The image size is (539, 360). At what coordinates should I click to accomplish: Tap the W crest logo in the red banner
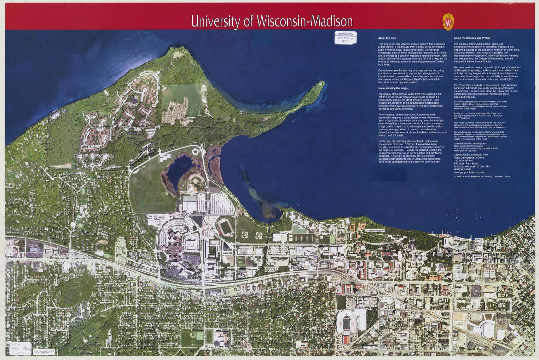pyautogui.click(x=448, y=22)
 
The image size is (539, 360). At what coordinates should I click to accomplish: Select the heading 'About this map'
pyautogui.click(x=387, y=38)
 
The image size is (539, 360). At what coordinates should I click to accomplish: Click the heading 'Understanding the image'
pyautogui.click(x=393, y=88)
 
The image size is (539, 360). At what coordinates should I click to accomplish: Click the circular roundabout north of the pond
pyautogui.click(x=195, y=152)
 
